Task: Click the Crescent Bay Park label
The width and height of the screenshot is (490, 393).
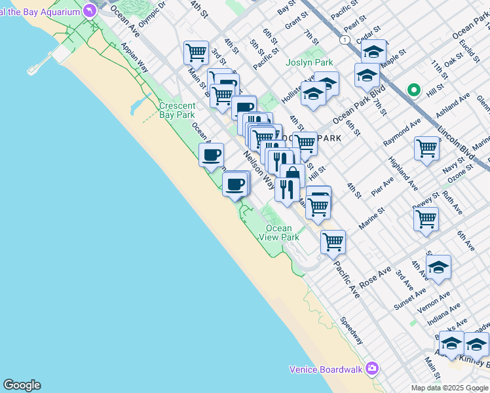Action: coord(177,110)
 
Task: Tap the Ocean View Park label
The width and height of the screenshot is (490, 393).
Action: coord(279,233)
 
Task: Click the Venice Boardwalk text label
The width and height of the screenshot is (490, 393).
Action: coord(326,369)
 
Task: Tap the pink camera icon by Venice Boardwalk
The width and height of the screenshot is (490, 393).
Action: coord(372,369)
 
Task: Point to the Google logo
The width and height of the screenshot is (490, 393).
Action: coord(22,385)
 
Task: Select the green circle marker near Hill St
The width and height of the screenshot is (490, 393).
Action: coord(413,90)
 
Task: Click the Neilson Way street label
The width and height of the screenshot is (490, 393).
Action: coord(259,169)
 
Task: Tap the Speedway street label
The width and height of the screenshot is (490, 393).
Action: coord(352,331)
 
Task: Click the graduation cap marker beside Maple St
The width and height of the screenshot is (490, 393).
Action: coord(374,51)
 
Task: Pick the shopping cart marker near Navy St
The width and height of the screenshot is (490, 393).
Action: coord(426,148)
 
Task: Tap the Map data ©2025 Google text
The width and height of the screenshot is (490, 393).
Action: coord(449,388)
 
